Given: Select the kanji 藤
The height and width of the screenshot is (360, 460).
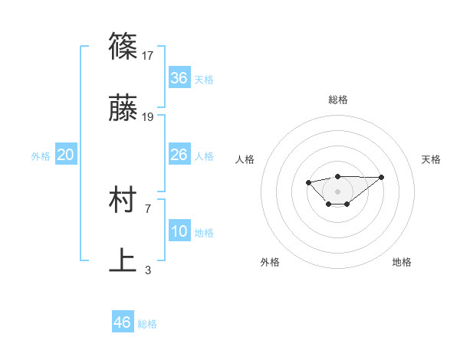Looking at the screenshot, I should (x=123, y=109).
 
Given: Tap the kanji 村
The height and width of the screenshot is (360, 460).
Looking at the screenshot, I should (x=123, y=201).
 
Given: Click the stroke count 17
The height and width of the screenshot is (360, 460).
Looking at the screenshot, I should (x=149, y=55).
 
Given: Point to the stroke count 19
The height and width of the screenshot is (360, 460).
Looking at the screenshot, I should (x=149, y=116).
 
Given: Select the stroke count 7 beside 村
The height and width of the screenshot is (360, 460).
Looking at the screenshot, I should (x=148, y=208).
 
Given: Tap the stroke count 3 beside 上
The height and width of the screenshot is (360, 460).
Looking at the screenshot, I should (x=148, y=270).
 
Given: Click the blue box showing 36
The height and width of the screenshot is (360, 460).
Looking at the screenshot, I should (x=179, y=78).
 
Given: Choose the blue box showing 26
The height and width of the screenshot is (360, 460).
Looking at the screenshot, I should (x=179, y=155).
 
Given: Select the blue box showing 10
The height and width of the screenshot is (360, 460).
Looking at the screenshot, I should (x=179, y=231).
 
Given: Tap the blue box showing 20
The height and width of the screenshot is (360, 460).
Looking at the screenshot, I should (x=66, y=155).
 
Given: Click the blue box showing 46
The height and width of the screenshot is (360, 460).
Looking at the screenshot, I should (x=123, y=322).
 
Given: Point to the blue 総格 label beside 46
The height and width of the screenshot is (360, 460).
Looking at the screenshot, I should (x=147, y=324).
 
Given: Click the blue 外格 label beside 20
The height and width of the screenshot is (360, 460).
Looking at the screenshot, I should (x=41, y=156).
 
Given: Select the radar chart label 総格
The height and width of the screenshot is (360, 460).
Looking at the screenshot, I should (x=337, y=100).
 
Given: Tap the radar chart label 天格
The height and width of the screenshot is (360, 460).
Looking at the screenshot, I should (x=431, y=159).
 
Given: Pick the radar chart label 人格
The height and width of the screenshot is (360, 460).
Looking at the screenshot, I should (x=245, y=159).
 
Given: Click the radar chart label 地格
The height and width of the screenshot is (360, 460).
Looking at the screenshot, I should (x=402, y=262).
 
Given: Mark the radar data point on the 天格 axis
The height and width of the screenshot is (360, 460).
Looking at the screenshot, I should (x=382, y=177).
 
